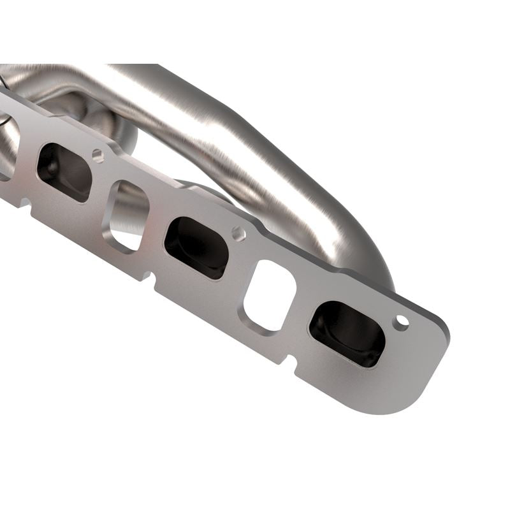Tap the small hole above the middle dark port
(x=238, y=234)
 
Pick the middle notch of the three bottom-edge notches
(x=149, y=278)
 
